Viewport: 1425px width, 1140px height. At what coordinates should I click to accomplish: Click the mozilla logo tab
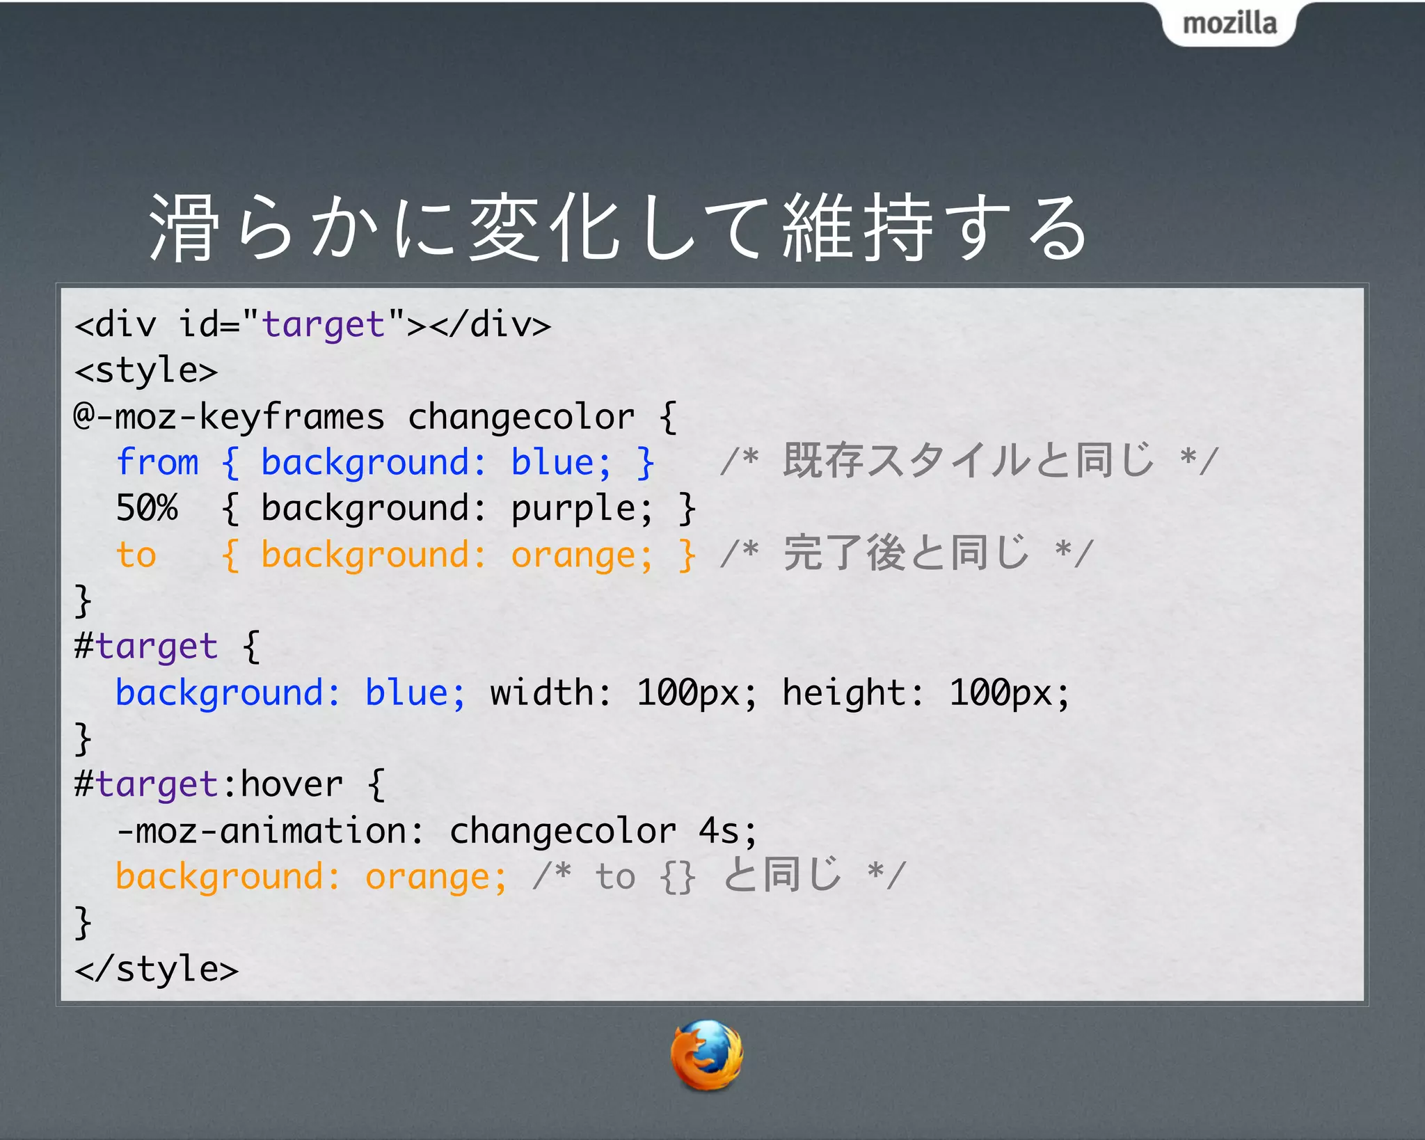tap(1229, 24)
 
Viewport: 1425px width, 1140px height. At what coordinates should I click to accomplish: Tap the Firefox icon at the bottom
tap(706, 1055)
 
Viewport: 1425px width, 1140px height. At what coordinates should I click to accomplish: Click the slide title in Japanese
tap(619, 228)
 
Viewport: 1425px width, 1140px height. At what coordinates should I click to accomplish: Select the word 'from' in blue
tap(157, 462)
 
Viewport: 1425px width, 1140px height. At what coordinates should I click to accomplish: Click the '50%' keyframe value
tap(147, 508)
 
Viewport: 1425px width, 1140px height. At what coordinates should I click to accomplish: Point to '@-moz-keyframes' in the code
tap(229, 417)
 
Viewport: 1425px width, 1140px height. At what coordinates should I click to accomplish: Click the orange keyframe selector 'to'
tap(136, 555)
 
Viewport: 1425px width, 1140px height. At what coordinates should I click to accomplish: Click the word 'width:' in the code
tap(550, 692)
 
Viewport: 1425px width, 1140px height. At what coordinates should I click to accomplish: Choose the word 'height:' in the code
tap(853, 692)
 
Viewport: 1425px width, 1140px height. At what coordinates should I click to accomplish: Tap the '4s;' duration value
tap(728, 831)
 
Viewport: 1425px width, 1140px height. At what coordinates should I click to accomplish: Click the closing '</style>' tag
tap(157, 969)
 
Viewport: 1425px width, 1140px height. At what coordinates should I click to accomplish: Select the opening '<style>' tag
tap(146, 371)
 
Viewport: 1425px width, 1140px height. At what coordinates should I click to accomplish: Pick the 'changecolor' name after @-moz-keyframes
tap(521, 417)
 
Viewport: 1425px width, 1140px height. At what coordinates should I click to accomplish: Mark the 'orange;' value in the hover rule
tap(436, 877)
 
